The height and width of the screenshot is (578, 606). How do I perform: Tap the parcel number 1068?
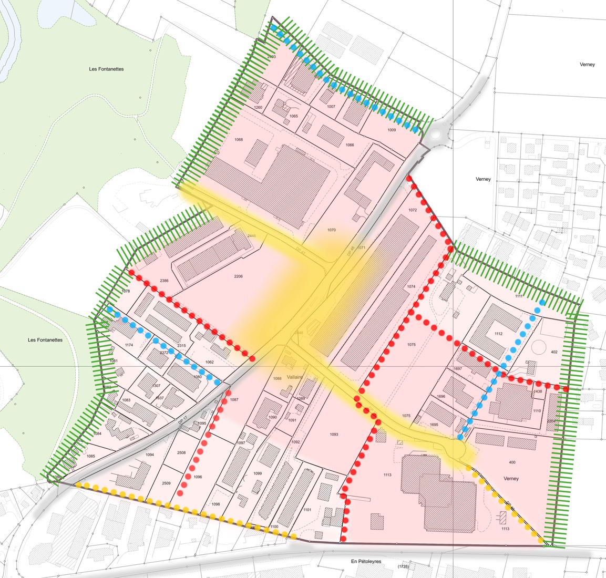click(239, 140)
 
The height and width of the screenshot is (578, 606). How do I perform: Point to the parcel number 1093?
click(334, 435)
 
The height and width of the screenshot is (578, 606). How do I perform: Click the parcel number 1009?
click(392, 130)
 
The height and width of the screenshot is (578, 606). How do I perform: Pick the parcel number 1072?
click(412, 210)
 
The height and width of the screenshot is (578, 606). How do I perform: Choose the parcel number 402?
click(554, 352)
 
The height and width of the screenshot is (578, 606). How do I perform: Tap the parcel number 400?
click(512, 462)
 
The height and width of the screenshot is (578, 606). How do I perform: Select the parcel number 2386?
click(164, 281)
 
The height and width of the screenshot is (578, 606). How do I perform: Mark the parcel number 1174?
click(130, 345)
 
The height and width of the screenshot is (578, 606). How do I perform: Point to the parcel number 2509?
click(166, 483)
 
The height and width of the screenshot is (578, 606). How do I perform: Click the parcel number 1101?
click(307, 510)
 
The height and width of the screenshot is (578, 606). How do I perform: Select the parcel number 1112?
click(498, 334)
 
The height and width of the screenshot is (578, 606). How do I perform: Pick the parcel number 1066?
click(350, 145)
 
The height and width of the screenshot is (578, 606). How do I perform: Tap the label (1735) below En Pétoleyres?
click(403, 567)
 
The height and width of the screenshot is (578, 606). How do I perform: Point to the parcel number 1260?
click(258, 107)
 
